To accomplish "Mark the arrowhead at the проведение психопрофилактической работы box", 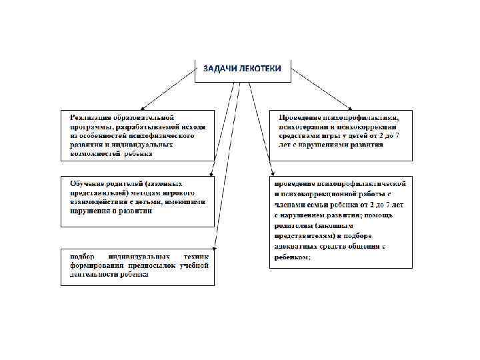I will [271, 175].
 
